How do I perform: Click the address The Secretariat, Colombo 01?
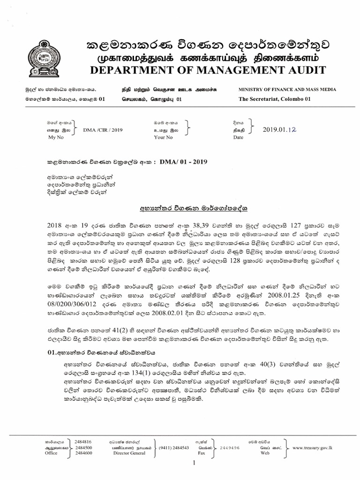point(274,99)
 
